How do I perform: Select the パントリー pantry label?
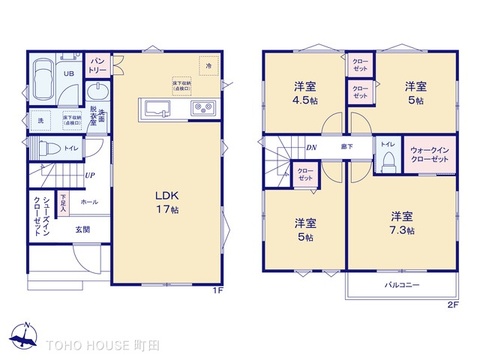pos(99,66)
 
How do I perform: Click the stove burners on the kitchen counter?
pos(203,108)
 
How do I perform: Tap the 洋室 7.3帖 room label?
pos(402,222)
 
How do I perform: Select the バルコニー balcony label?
pos(403,285)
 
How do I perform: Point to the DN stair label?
pos(311,148)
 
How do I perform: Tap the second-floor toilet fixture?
pos(384,162)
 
